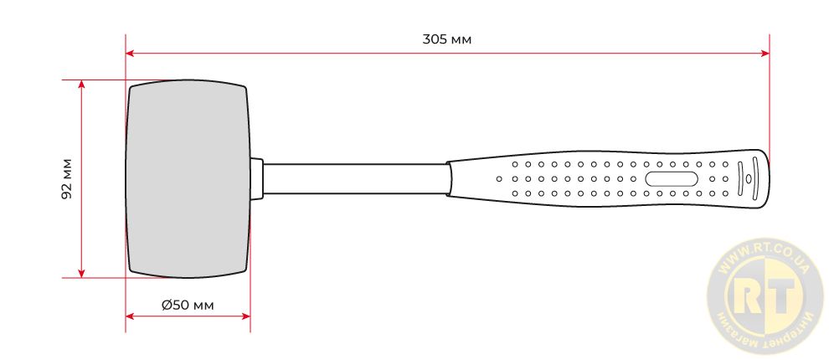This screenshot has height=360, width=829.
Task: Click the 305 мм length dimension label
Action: click(x=447, y=39)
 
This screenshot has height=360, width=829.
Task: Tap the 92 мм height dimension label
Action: click(x=67, y=178)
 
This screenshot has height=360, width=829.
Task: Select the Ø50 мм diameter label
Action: click(x=188, y=305)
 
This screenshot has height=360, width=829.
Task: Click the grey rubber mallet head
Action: click(x=188, y=178)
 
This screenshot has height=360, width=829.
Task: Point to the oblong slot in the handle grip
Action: click(x=671, y=178)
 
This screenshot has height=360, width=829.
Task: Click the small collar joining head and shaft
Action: click(x=256, y=178)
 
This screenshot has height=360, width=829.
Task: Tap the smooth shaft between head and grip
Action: click(x=355, y=178)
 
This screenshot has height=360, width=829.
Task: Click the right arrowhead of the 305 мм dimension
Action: click(x=765, y=53)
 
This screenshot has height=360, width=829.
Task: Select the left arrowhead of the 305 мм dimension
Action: click(x=130, y=53)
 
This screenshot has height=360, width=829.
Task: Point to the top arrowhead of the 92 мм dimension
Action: click(x=81, y=85)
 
